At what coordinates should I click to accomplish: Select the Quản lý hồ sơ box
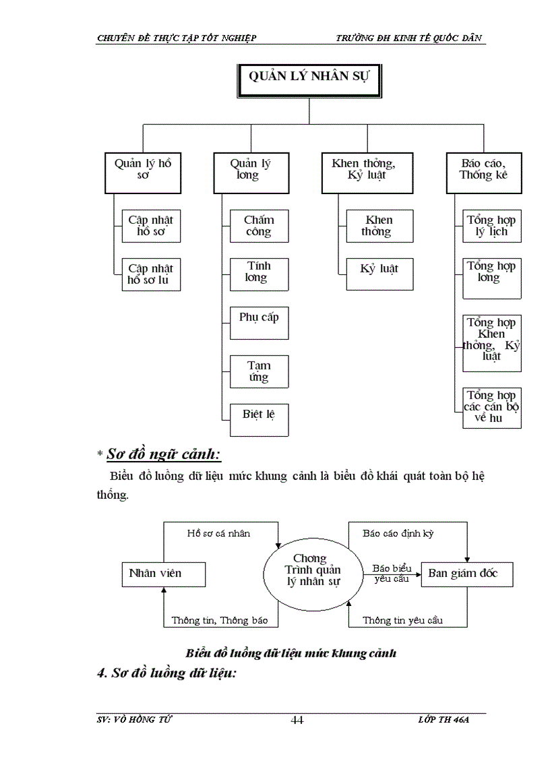pyautogui.click(x=144, y=173)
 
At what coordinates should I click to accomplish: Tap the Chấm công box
pyautogui.click(x=258, y=226)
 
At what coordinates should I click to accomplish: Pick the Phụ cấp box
pyautogui.click(x=259, y=323)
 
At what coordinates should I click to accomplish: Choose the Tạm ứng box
pyautogui.click(x=259, y=371)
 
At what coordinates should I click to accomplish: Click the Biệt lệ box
pyautogui.click(x=259, y=419)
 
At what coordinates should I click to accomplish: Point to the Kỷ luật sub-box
pyautogui.click(x=379, y=274)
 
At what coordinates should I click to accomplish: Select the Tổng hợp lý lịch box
pyautogui.click(x=492, y=226)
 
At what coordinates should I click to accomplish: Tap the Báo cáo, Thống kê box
pyautogui.click(x=484, y=173)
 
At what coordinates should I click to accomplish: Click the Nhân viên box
pyautogui.click(x=162, y=574)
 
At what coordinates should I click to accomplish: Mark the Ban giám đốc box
pyautogui.click(x=467, y=574)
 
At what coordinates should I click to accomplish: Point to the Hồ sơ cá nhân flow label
pyautogui.click(x=218, y=533)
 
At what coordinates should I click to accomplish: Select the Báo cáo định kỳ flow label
pyautogui.click(x=398, y=533)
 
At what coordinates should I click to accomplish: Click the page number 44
pyautogui.click(x=297, y=720)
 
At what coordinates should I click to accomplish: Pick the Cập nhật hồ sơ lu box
pyautogui.click(x=152, y=274)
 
